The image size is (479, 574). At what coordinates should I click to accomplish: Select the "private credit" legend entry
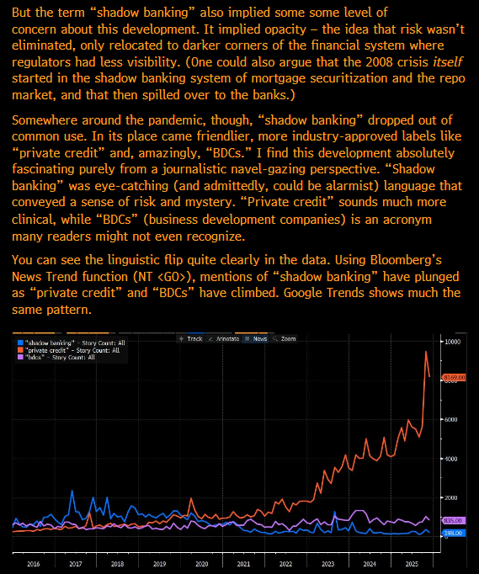tap(61, 350)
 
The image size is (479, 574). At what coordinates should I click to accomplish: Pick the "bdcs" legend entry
tap(55, 357)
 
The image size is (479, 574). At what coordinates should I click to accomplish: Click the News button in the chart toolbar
tap(255, 338)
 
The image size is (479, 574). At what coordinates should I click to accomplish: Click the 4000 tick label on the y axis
tap(451, 459)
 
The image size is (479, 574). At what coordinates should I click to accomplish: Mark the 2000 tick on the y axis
tap(451, 497)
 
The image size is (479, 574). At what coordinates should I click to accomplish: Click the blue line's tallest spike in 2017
tap(72, 491)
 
